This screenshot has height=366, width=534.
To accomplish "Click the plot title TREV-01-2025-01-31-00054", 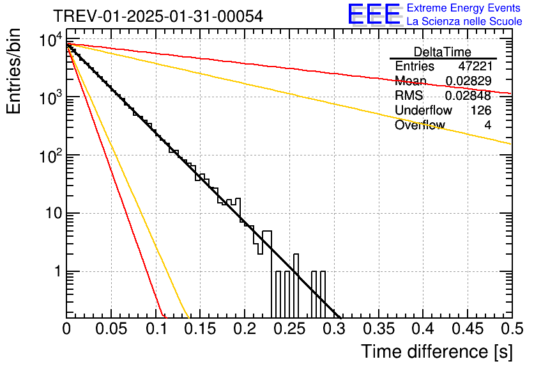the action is (158, 16).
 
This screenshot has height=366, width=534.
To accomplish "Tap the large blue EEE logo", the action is (375, 14).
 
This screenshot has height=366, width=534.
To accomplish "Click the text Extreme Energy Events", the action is (464, 8).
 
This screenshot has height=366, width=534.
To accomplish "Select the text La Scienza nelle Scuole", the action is (464, 22).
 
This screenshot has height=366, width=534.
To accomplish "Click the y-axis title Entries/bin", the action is (14, 71).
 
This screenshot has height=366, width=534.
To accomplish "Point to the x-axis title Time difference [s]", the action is (437, 352).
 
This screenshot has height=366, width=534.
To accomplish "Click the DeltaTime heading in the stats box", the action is (443, 52).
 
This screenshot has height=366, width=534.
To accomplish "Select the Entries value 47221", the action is (475, 66).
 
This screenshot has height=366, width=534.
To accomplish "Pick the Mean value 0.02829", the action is (469, 81).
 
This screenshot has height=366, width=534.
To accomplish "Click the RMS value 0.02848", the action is (468, 95).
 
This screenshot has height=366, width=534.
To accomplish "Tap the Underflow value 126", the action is (481, 110).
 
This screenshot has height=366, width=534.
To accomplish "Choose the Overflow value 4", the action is (488, 125).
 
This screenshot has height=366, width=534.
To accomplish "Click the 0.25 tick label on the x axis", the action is (290, 329).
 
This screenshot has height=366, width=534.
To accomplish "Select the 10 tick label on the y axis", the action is (54, 213).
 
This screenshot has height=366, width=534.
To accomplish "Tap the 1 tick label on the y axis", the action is (58, 271).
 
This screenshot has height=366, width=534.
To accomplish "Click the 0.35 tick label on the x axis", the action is (379, 329).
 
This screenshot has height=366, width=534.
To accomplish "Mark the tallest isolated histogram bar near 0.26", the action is (296, 286).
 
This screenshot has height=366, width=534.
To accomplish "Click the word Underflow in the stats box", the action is (423, 110).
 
